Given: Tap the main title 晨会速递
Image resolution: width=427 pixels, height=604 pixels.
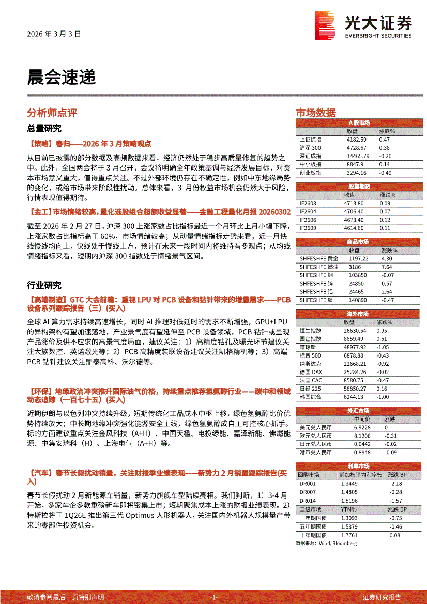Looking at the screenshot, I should pyautogui.click(x=61, y=77).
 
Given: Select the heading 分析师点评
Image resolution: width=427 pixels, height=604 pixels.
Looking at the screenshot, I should pyautogui.click(x=52, y=113).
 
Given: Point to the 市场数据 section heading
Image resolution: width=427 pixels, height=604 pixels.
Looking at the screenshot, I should pyautogui.click(x=315, y=113).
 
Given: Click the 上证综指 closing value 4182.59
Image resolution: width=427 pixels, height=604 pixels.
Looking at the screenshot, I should pyautogui.click(x=357, y=140).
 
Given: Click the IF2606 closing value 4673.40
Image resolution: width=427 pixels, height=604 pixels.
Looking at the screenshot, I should pyautogui.click(x=354, y=220).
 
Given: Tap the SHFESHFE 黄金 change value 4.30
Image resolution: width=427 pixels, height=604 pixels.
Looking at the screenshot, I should pyautogui.click(x=387, y=258).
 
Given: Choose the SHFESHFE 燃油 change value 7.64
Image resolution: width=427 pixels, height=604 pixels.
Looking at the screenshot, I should pyautogui.click(x=387, y=267).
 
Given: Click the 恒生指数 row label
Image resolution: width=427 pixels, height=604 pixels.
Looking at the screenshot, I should pyautogui.click(x=311, y=330).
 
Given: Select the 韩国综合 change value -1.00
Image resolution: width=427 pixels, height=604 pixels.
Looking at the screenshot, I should pyautogui.click(x=383, y=397).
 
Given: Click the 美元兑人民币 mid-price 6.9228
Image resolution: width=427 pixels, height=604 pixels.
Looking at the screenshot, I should pyautogui.click(x=362, y=427).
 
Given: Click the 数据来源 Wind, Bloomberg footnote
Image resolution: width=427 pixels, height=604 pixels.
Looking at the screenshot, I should pyautogui.click(x=326, y=543).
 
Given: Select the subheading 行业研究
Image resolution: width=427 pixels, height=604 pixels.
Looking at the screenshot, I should pyautogui.click(x=44, y=285).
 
